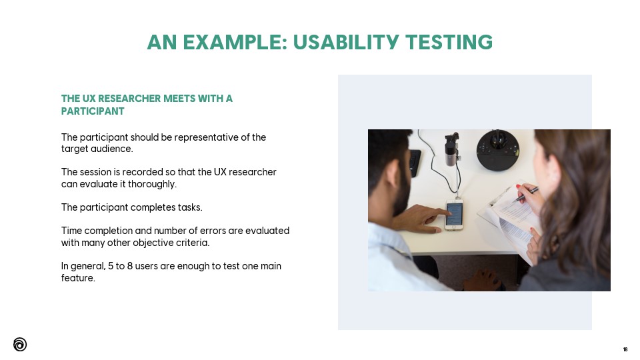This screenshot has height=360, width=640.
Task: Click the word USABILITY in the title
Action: pyautogui.click(x=346, y=42)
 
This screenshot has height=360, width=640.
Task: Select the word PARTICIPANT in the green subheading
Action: pyautogui.click(x=93, y=111)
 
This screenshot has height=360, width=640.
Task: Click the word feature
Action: pyautogui.click(x=78, y=278)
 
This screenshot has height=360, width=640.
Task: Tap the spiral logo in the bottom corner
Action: pyautogui.click(x=20, y=345)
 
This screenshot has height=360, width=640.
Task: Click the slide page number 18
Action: pyautogui.click(x=625, y=349)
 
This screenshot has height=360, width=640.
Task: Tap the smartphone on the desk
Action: pyautogui.click(x=454, y=215)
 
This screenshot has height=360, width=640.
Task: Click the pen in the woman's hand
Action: pyautogui.click(x=527, y=194)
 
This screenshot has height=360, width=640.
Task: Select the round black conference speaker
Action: pyautogui.click(x=498, y=150)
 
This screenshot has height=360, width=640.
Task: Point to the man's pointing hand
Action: pyautogui.click(x=421, y=219)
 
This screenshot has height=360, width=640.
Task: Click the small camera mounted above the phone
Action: pyautogui.click(x=451, y=149)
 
